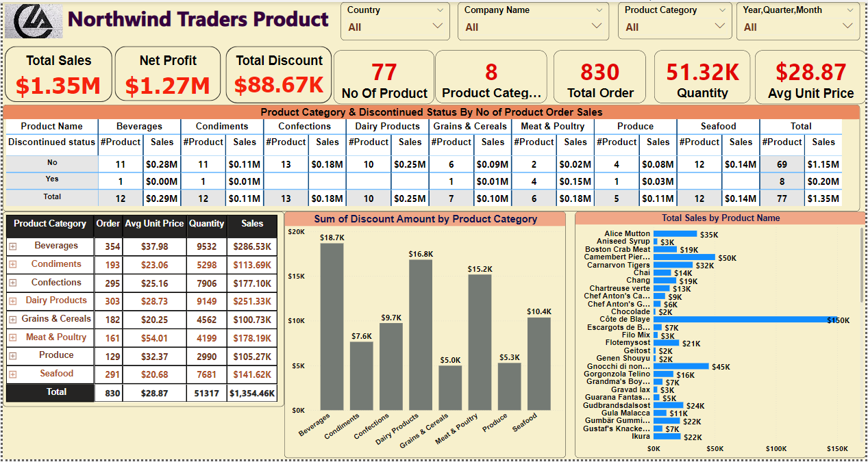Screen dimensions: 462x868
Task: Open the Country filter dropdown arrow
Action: pos(438,27)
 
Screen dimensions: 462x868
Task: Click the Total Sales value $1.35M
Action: pos(58,86)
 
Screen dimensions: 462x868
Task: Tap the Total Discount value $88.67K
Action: pos(279,85)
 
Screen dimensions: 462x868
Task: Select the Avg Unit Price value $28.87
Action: pos(810,72)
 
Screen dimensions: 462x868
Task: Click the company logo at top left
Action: pos(33,21)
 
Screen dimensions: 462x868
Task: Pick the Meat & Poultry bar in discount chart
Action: pos(480,342)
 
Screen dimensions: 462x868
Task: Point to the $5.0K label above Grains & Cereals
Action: pos(450,360)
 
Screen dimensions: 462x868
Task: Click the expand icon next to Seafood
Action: pos(13,374)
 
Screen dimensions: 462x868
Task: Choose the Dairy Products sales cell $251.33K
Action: pos(251,301)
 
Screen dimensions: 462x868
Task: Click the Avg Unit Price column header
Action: pos(154,224)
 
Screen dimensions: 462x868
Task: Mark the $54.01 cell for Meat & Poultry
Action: pos(154,337)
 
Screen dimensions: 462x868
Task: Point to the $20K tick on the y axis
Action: pos(297,232)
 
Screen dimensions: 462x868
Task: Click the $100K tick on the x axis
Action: pos(776,449)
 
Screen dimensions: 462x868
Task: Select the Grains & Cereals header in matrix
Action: pos(470,126)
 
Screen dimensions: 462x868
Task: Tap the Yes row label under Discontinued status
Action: pos(51,179)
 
